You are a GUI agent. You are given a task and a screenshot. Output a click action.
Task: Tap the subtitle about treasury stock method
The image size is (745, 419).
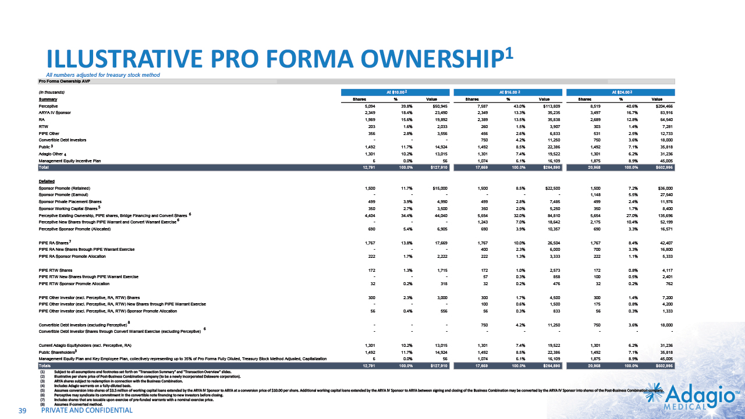click(103, 75)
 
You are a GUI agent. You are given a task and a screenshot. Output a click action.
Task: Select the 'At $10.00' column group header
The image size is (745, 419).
click(396, 92)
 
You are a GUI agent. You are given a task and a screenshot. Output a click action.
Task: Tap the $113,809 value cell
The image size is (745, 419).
click(551, 106)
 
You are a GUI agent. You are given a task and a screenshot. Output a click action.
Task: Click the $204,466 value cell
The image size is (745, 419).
click(663, 106)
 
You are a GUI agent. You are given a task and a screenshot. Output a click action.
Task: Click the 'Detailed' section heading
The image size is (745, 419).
click(47, 181)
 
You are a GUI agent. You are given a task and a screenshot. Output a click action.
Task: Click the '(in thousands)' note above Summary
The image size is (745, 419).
click(51, 93)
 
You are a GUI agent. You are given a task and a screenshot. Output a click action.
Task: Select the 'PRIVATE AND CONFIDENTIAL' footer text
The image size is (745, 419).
click(87, 411)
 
